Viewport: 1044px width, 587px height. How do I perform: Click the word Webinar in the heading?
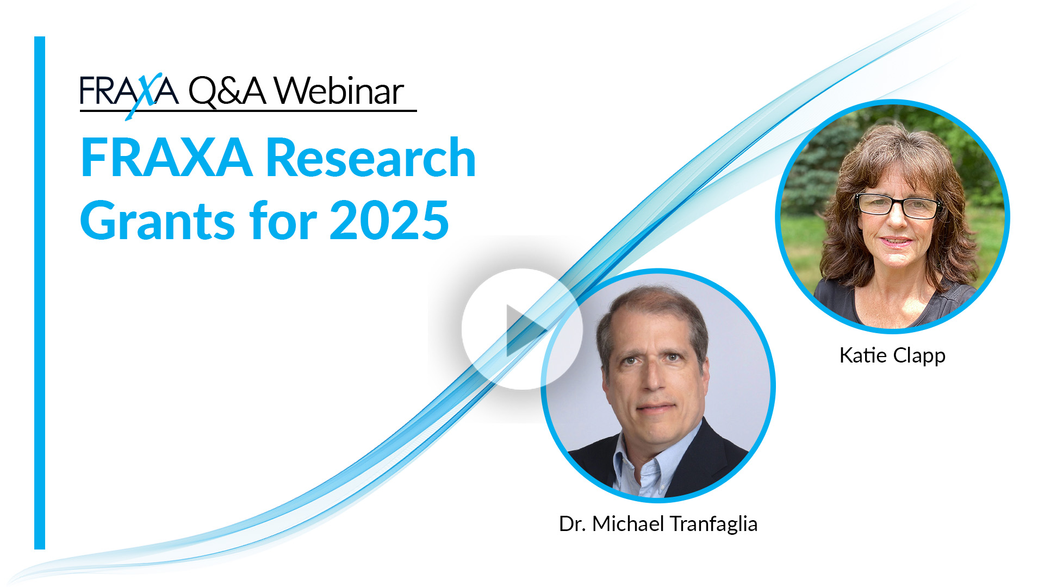pyautogui.click(x=339, y=91)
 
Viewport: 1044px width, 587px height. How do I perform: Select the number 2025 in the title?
pyautogui.click(x=389, y=220)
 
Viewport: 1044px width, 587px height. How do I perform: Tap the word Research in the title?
pyautogui.click(x=371, y=158)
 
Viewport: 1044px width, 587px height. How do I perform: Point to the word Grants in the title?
pyautogui.click(x=158, y=220)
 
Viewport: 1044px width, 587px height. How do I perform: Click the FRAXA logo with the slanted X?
pyautogui.click(x=129, y=91)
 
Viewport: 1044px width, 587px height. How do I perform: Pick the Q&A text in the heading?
pyautogui.click(x=227, y=91)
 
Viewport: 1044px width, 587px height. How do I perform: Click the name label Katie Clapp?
pyautogui.click(x=892, y=355)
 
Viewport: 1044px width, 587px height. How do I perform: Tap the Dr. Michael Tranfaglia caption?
pyautogui.click(x=658, y=524)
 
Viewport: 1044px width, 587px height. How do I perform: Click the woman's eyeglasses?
pyautogui.click(x=898, y=205)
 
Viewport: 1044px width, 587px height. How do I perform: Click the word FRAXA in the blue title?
pyautogui.click(x=166, y=158)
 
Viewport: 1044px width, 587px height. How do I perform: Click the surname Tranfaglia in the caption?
pyautogui.click(x=713, y=524)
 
